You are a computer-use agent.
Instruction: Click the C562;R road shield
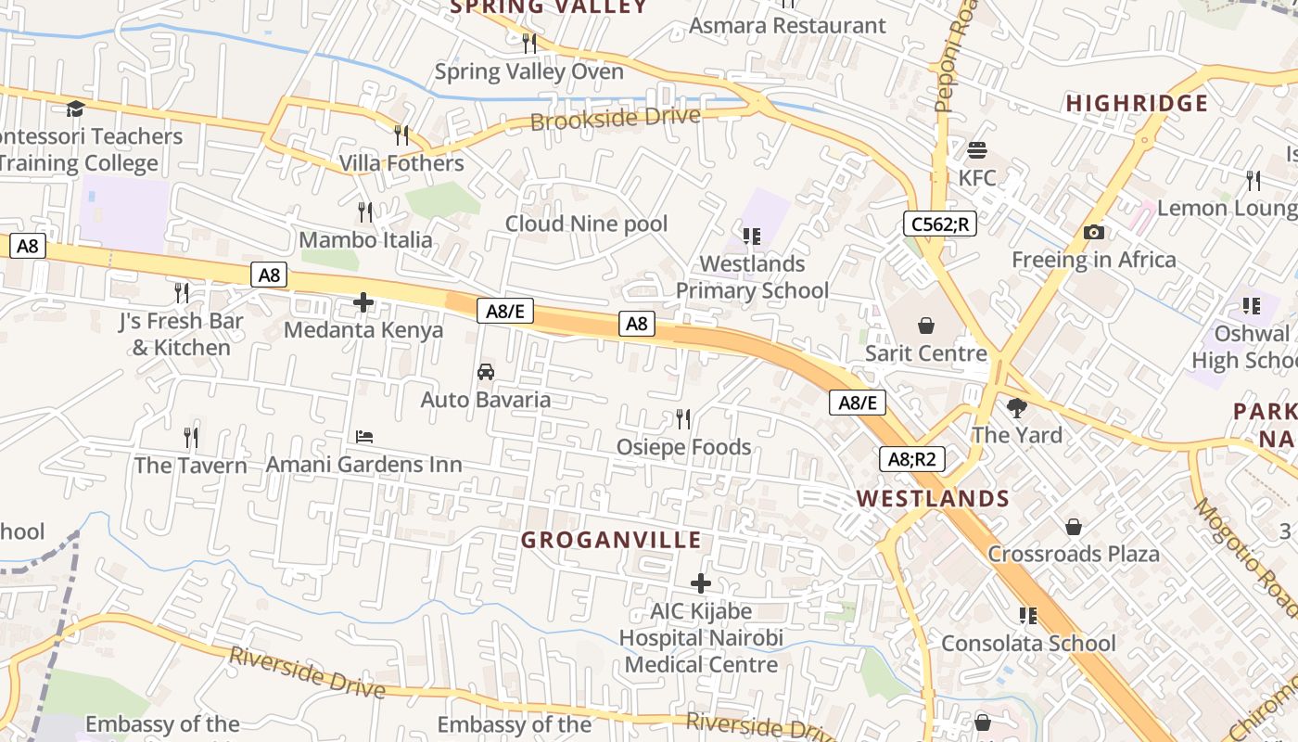coord(940,224)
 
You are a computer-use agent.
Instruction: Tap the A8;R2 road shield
coord(911,458)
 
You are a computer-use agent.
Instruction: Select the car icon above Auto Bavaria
coord(485,372)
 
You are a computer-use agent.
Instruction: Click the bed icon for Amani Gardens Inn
coord(364,436)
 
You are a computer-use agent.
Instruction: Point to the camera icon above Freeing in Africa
coord(1094,233)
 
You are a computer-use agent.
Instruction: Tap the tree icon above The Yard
coord(1017,407)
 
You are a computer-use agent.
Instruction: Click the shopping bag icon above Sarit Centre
coord(925,326)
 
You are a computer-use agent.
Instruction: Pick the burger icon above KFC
coord(976,149)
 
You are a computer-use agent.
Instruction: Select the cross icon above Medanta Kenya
coord(363,302)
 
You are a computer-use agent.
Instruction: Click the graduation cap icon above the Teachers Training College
coord(75,109)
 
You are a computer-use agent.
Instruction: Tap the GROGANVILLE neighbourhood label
coord(611,540)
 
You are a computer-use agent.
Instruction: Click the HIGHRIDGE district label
coord(1137,103)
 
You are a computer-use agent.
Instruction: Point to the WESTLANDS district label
coord(933,498)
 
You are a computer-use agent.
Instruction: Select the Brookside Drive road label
coord(615,119)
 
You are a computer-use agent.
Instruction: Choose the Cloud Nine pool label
coord(586,224)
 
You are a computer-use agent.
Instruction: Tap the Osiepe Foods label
coord(683,447)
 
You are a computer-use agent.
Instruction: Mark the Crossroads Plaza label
coord(1073,554)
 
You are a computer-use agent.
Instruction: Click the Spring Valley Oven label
coord(528,71)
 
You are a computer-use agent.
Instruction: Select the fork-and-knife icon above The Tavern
coord(191,436)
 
